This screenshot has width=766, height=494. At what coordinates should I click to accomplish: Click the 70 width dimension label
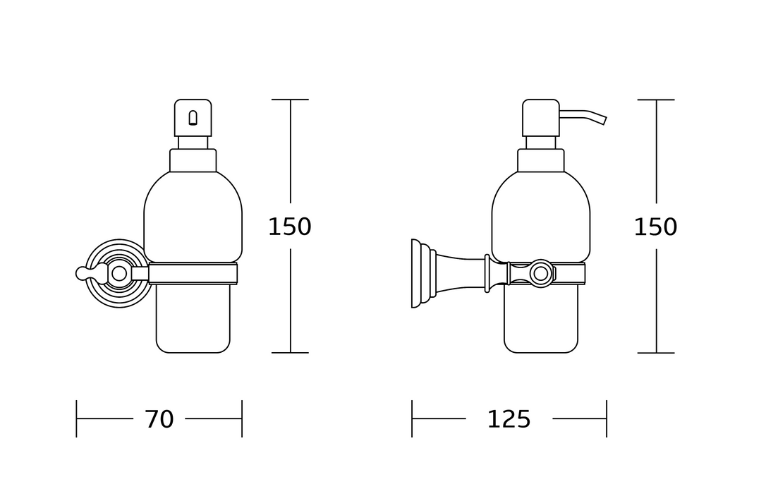click(159, 419)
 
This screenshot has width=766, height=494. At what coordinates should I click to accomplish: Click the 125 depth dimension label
click(509, 419)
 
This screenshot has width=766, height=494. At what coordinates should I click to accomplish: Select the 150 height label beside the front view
click(290, 227)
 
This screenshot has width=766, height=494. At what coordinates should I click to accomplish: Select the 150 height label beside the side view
click(655, 227)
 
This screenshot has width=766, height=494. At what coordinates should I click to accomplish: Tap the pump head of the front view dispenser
click(193, 118)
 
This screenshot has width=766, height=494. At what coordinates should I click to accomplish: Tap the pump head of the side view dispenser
click(541, 118)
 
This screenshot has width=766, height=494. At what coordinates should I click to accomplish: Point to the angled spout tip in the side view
click(604, 120)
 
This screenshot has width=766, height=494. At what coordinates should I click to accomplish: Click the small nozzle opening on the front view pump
click(193, 119)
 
